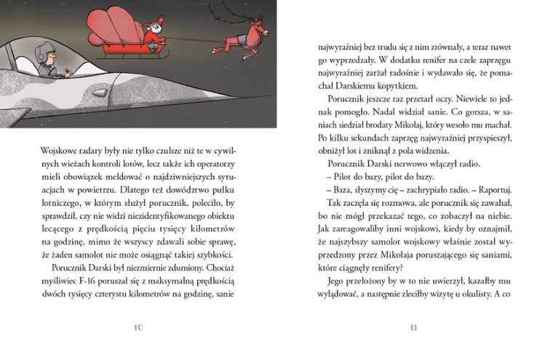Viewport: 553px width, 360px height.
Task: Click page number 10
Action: (x=138, y=327)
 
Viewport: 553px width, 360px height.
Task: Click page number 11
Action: (x=413, y=327)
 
